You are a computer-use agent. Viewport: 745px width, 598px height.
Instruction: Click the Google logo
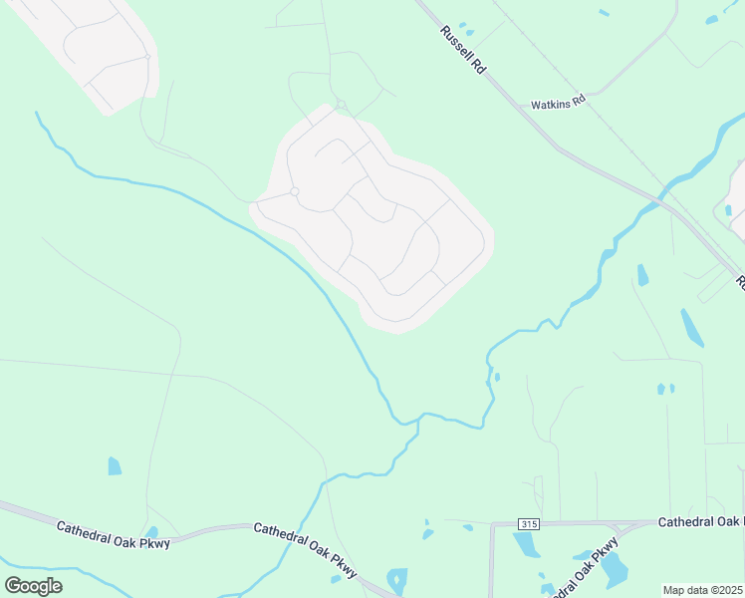pyautogui.click(x=33, y=585)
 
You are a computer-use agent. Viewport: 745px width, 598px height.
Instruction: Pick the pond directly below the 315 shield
pyautogui.click(x=525, y=544)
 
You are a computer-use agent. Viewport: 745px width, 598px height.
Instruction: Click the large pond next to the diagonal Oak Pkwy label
pyautogui.click(x=615, y=568)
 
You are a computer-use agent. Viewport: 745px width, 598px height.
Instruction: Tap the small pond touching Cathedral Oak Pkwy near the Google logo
pyautogui.click(x=151, y=532)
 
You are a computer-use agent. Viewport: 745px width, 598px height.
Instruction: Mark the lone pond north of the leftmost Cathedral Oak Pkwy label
pyautogui.click(x=115, y=465)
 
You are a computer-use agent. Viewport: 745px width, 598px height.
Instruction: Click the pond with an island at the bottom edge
pyautogui.click(x=397, y=580)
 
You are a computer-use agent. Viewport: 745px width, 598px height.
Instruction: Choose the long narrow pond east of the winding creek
pyautogui.click(x=691, y=327)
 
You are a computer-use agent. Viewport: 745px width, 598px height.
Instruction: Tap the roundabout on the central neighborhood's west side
pyautogui.click(x=294, y=191)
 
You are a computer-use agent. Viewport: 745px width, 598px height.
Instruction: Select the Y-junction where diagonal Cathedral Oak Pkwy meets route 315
pyautogui.click(x=619, y=528)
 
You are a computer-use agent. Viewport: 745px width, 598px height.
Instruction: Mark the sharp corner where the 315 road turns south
pyautogui.click(x=492, y=523)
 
